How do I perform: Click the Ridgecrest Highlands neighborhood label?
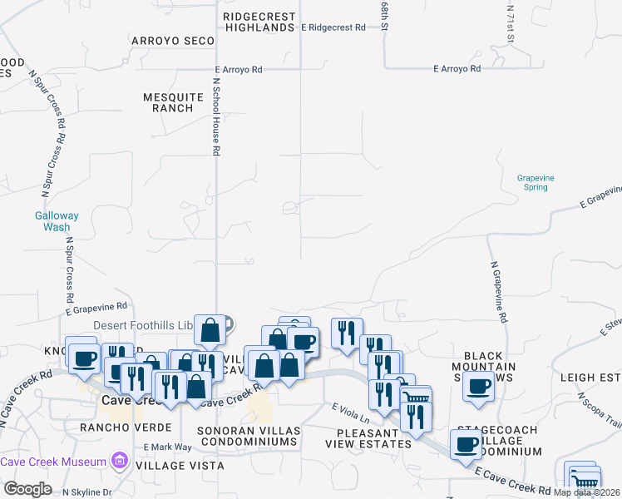pyautogui.click(x=259, y=22)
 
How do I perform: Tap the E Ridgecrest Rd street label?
pyautogui.click(x=333, y=27)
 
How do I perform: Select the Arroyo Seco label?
pyautogui.click(x=173, y=40)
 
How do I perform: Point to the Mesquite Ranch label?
pyautogui.click(x=173, y=102)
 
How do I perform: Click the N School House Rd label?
pyautogui.click(x=215, y=116)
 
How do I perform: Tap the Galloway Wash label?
pyautogui.click(x=57, y=221)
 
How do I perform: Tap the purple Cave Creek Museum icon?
pyautogui.click(x=121, y=461)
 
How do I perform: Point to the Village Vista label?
pyautogui.click(x=180, y=466)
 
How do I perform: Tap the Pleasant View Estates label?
pyautogui.click(x=374, y=438)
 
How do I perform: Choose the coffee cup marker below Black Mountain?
pyautogui.click(x=479, y=387)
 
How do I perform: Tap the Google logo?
pyautogui.click(x=27, y=489)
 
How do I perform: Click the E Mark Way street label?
pyautogui.click(x=167, y=447)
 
